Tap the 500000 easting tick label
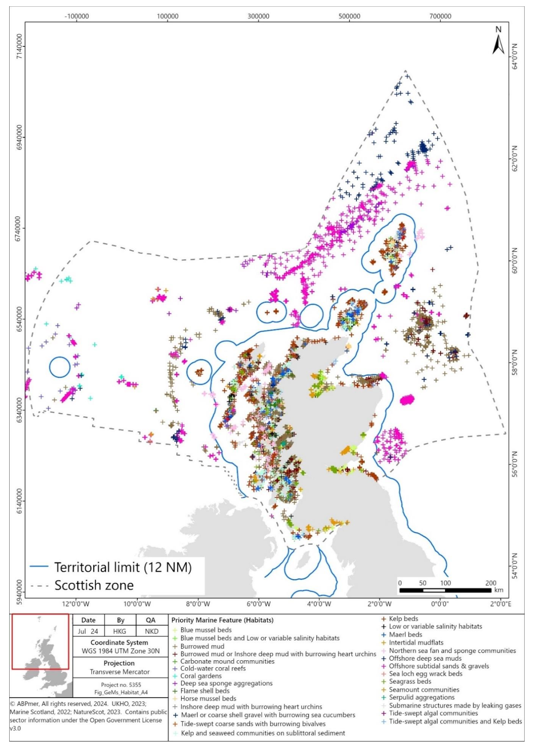[x=349, y=16]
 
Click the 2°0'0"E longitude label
[x=500, y=604]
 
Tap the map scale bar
[x=445, y=590]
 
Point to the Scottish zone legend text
[x=94, y=585]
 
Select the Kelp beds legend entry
[x=403, y=618]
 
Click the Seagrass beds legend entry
[x=410, y=681]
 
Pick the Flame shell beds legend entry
[x=205, y=691]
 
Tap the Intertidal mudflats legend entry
[x=416, y=642]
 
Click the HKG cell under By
[x=120, y=631]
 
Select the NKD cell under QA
[x=151, y=631]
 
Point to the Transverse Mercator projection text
[x=120, y=672]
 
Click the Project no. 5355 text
[x=121, y=685]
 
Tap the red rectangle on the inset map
[x=40, y=641]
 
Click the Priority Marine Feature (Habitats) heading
[x=222, y=620]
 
